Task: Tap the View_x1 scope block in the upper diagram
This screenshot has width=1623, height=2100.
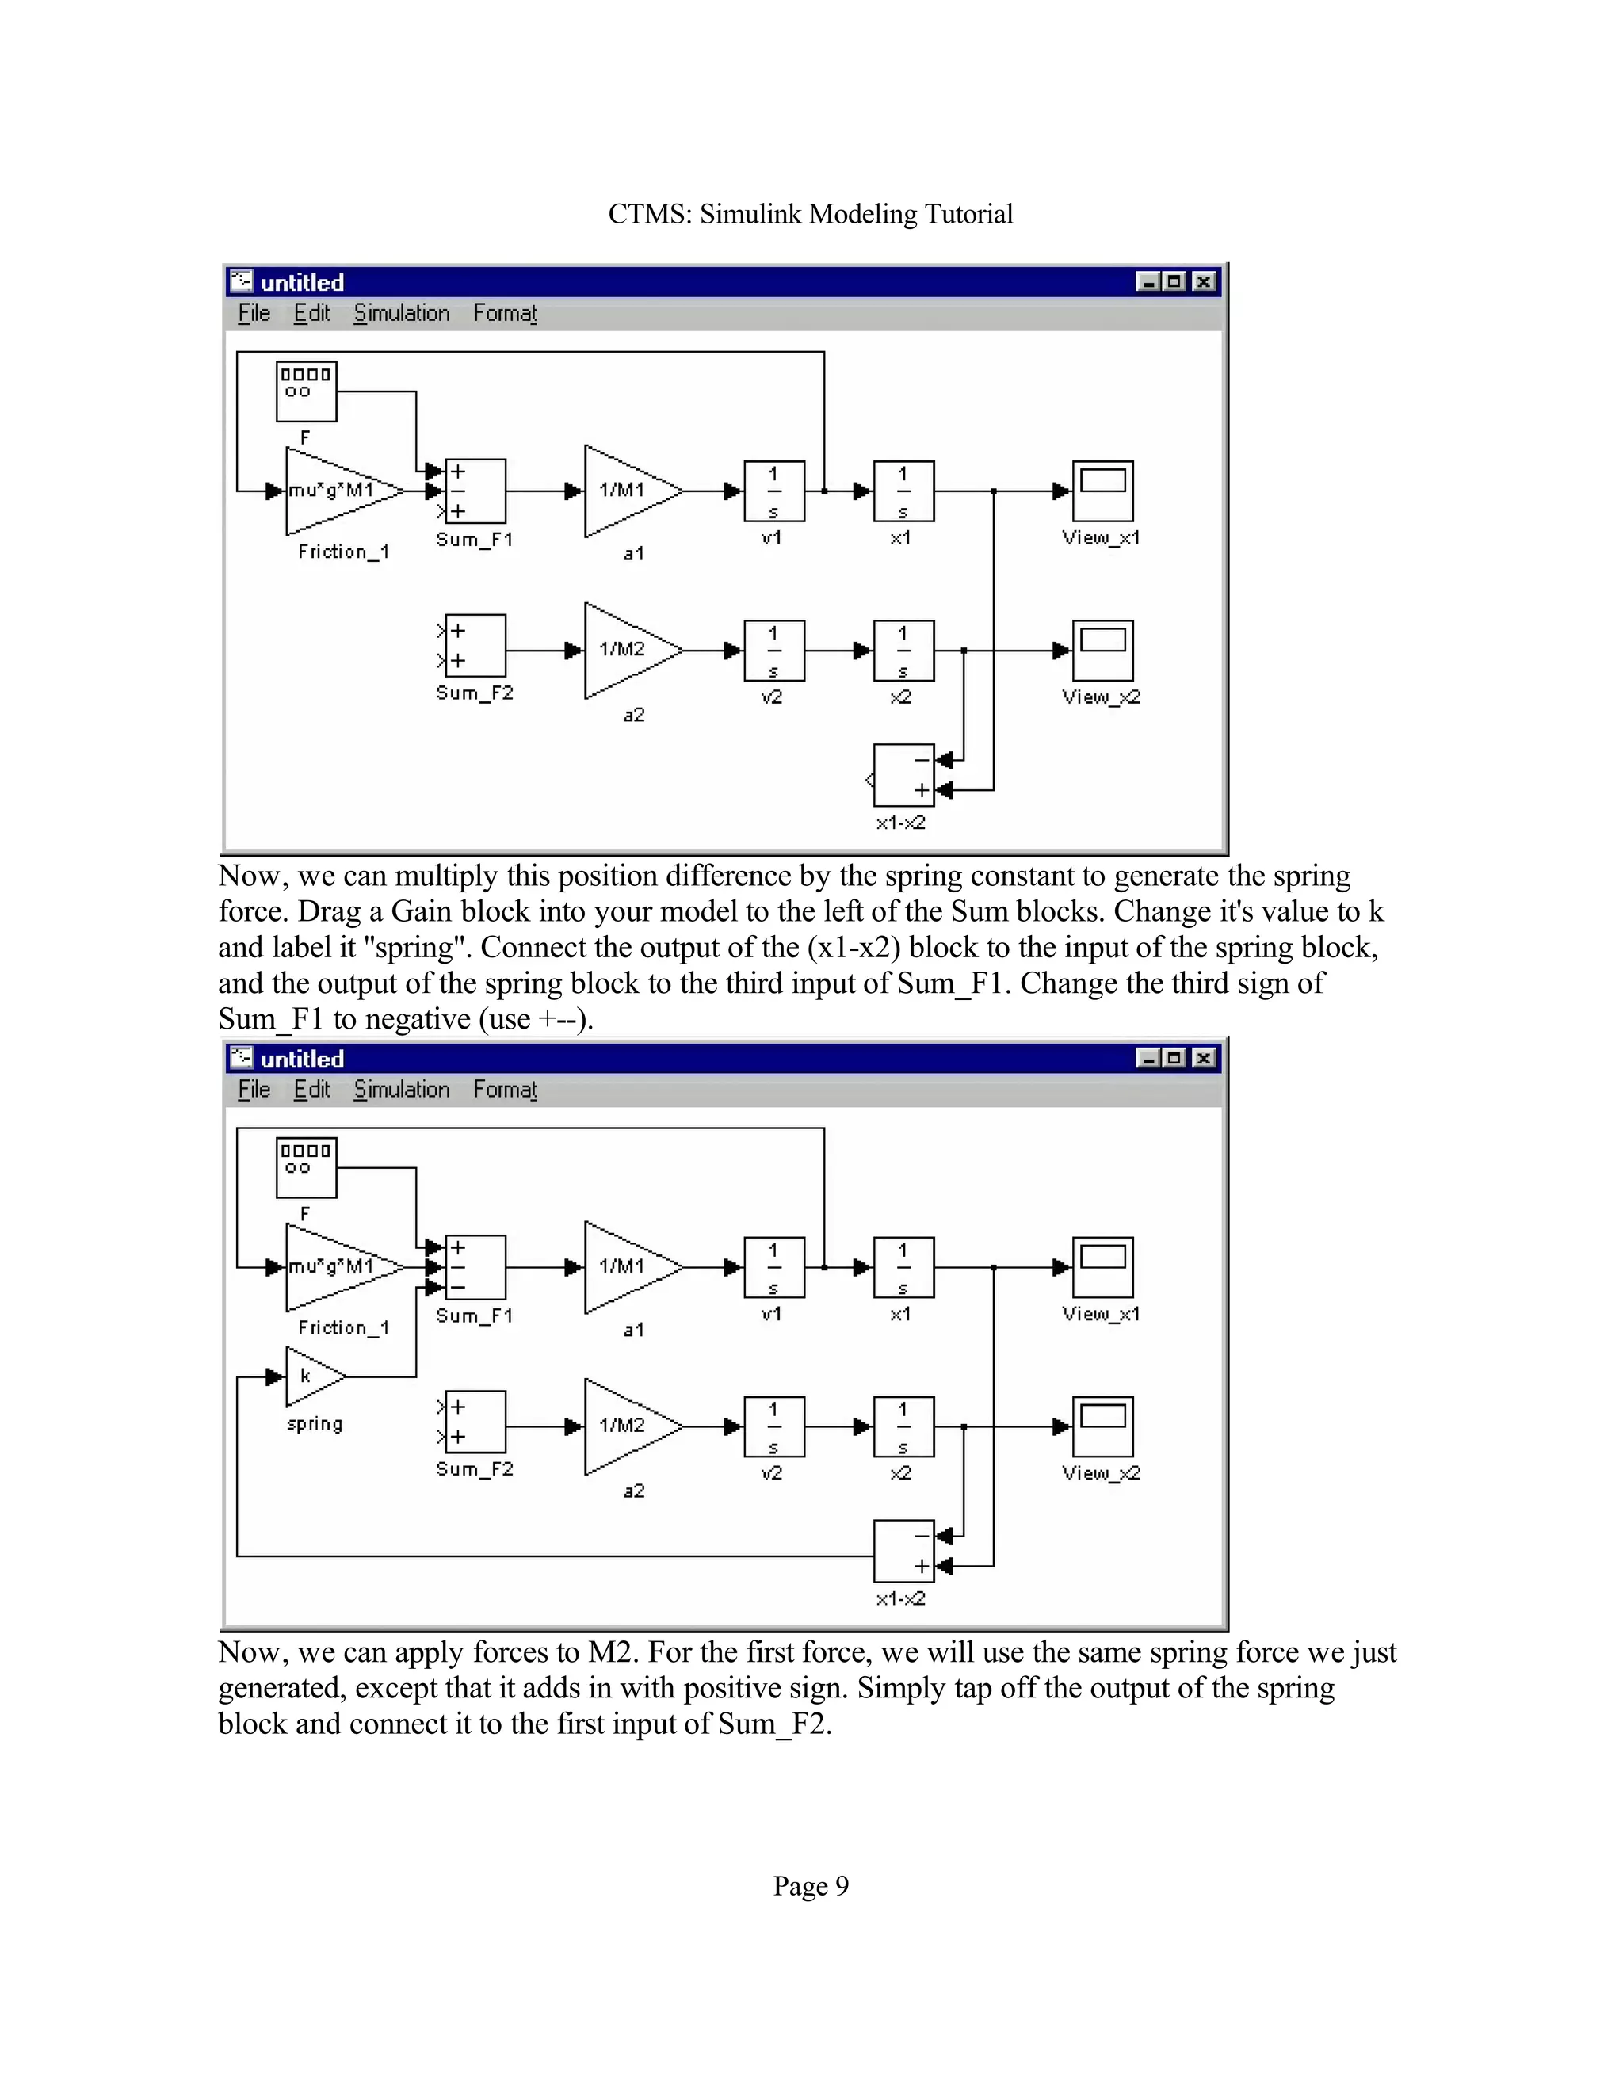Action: [x=1103, y=491]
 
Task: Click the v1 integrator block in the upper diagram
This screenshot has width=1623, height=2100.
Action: [x=774, y=491]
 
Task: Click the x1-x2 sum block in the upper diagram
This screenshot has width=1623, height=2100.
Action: [x=903, y=775]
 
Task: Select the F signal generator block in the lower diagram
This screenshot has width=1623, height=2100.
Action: [x=306, y=1167]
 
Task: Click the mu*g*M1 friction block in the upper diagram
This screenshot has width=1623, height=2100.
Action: [x=337, y=491]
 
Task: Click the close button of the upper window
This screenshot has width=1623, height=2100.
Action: [x=1204, y=282]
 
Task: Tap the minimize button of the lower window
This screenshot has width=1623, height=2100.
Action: [x=1147, y=1058]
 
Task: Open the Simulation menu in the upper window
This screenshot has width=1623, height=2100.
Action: [x=401, y=314]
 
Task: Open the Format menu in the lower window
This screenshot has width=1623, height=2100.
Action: [x=504, y=1090]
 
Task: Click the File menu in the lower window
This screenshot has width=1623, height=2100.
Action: [x=254, y=1090]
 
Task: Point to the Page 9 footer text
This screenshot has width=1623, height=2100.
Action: [x=811, y=1885]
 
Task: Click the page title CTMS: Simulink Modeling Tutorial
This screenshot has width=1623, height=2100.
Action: [x=811, y=213]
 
